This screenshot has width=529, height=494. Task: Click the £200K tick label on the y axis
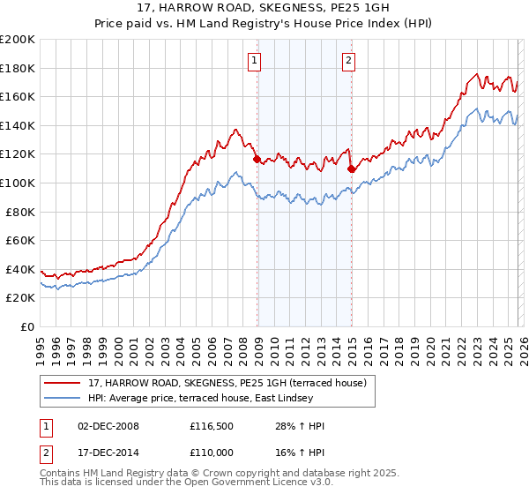[18, 40]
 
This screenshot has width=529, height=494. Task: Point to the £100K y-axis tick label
[18, 183]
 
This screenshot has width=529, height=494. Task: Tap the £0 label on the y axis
[28, 326]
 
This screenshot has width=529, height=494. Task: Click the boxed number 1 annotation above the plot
[255, 61]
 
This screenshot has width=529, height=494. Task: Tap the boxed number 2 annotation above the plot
[349, 61]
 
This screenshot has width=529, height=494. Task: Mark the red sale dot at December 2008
[257, 160]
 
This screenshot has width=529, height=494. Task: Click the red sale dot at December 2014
[351, 168]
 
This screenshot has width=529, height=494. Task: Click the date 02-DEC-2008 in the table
[108, 426]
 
